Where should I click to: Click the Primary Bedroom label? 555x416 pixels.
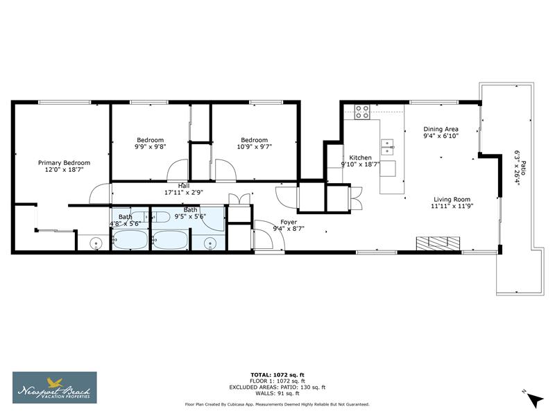click(x=64, y=163)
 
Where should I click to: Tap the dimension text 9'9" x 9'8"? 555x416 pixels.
click(x=150, y=147)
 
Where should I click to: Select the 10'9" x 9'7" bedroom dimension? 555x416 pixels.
click(x=253, y=147)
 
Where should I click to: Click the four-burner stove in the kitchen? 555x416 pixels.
click(x=361, y=111)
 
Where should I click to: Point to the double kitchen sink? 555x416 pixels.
click(x=387, y=146)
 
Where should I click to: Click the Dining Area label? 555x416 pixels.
click(x=441, y=129)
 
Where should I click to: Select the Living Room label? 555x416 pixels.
click(x=452, y=198)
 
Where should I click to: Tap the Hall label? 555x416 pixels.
click(x=184, y=185)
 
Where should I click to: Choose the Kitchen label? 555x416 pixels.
click(x=360, y=157)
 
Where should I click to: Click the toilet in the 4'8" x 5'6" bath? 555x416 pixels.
click(x=95, y=243)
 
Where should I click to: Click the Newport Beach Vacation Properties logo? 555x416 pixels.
click(x=55, y=387)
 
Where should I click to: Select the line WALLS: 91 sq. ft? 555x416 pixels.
click(x=277, y=393)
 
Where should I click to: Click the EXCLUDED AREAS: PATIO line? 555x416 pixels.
click(x=277, y=387)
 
